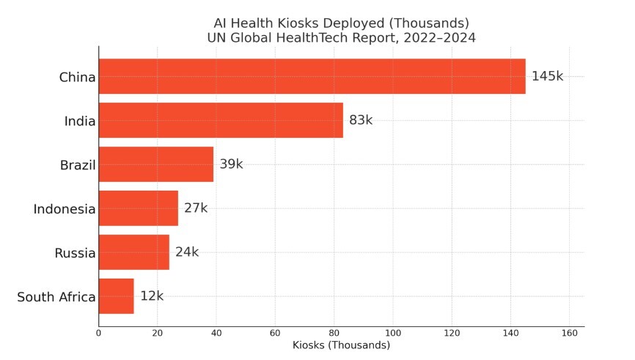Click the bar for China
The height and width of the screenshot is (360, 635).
(x=312, y=76)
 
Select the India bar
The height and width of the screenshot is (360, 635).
(x=221, y=120)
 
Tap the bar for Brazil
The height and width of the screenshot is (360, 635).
(x=156, y=164)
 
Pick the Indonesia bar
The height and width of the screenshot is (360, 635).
(x=139, y=208)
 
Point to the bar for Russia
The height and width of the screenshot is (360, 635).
(x=134, y=252)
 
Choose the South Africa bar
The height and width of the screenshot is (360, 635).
(x=117, y=296)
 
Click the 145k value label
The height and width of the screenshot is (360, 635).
(x=547, y=76)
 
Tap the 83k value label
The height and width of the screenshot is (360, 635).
(x=361, y=120)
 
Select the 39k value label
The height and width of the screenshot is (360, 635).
(x=231, y=164)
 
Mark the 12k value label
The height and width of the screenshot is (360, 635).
(x=152, y=296)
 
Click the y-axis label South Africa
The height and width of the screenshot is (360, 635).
(x=56, y=297)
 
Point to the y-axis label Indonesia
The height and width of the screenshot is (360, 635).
(x=65, y=209)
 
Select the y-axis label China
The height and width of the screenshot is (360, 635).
(x=77, y=77)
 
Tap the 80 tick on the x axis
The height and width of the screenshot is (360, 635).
(x=334, y=333)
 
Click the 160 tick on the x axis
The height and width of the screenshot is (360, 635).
(x=569, y=333)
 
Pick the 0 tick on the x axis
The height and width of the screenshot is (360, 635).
(x=99, y=333)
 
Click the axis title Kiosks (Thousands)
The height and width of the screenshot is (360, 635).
(x=341, y=345)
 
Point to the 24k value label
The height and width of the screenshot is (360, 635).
(x=187, y=252)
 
